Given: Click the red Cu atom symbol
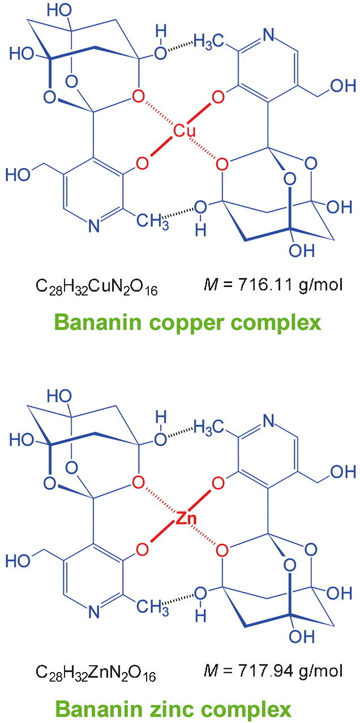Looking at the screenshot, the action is point(184,131).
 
